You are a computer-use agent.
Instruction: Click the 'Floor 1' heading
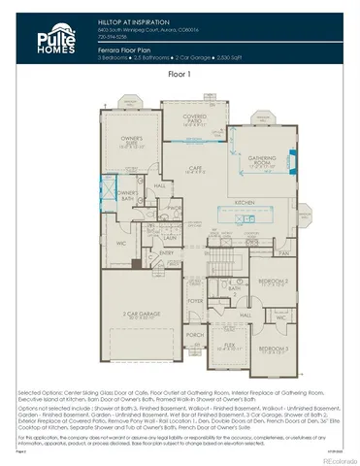[x=180, y=74]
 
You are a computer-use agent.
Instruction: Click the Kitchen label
[x=246, y=203]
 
